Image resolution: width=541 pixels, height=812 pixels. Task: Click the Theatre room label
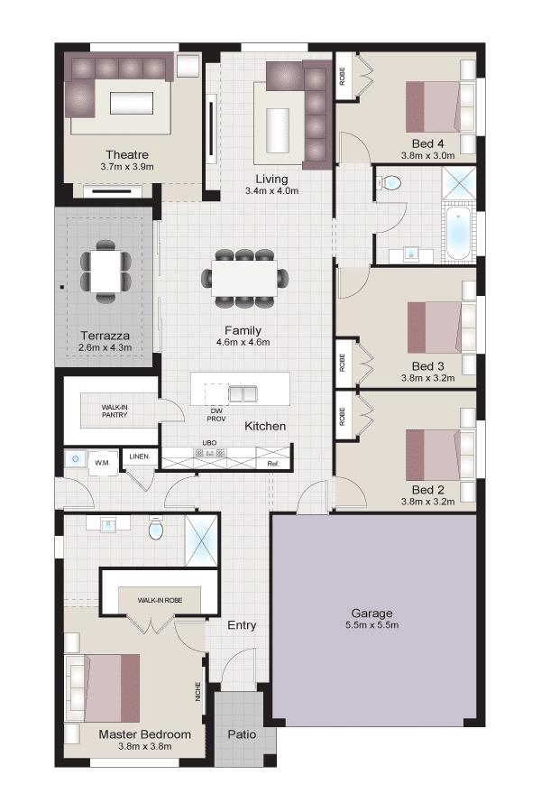[127, 155]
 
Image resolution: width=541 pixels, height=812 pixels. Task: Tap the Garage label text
[371, 614]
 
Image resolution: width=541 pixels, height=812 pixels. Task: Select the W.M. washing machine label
[103, 463]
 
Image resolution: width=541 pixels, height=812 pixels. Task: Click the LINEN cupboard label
[139, 457]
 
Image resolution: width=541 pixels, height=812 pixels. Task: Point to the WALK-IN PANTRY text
[115, 411]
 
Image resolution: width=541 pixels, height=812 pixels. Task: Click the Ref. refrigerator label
[273, 464]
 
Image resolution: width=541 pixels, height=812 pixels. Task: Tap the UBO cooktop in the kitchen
[210, 453]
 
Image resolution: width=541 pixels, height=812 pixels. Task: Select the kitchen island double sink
[243, 393]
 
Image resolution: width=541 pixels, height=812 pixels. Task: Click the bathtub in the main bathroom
[458, 233]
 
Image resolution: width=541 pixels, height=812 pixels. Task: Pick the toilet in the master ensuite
[156, 528]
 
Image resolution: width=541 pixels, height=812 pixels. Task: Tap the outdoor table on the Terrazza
[105, 272]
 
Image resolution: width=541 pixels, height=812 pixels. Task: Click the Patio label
[242, 734]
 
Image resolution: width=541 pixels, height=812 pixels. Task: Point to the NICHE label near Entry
[197, 691]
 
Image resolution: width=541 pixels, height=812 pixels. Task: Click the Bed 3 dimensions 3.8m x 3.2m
[427, 378]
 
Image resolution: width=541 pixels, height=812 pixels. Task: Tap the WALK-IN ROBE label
[160, 600]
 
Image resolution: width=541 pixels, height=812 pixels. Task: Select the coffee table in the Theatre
[132, 103]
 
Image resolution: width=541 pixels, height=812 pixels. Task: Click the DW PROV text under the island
[216, 415]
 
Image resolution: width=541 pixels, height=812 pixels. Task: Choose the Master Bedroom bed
[102, 687]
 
